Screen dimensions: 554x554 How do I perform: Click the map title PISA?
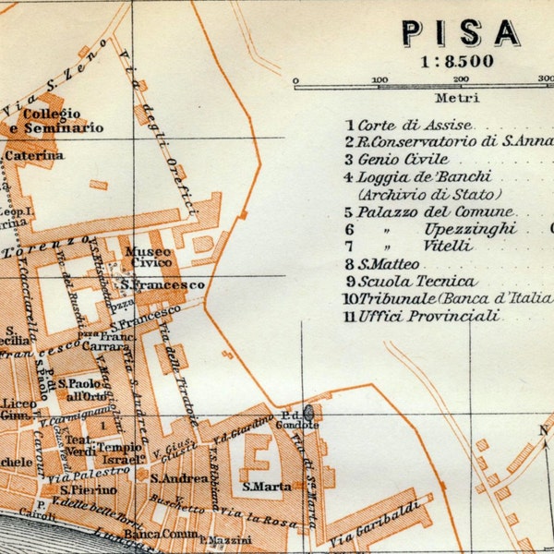click(460, 32)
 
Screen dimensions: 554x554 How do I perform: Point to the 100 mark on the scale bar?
click(379, 80)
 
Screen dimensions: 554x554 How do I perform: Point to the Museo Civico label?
click(147, 257)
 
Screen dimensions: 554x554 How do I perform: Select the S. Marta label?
click(267, 487)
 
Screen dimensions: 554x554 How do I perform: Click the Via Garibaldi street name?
click(366, 519)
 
